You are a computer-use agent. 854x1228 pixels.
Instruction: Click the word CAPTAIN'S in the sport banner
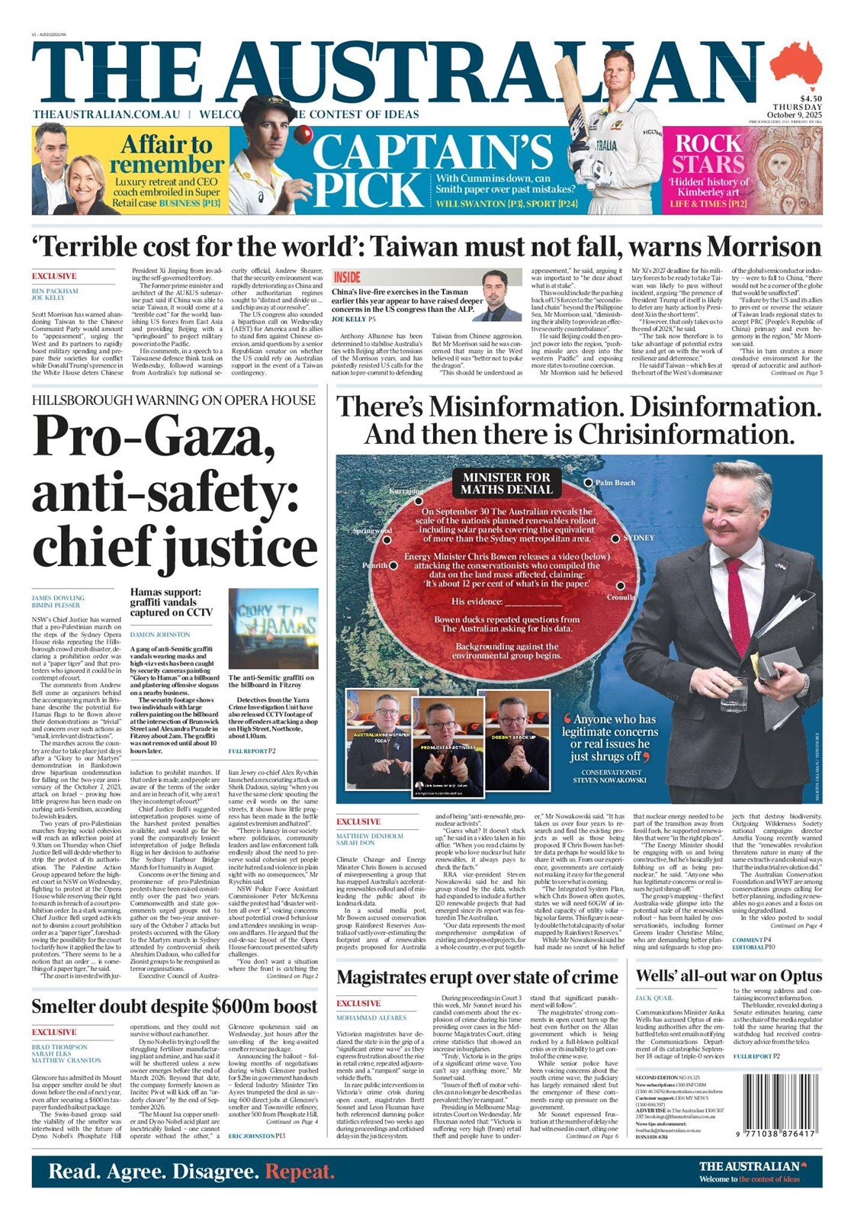coord(432,152)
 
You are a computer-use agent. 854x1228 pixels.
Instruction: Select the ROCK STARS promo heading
coord(708,153)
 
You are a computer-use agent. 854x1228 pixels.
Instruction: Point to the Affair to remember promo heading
coord(166,154)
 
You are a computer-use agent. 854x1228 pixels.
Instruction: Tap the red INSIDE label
coord(347,277)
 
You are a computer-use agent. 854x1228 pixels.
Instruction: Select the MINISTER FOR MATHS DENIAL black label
coord(506,483)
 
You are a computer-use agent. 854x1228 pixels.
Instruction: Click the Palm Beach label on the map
coord(615,483)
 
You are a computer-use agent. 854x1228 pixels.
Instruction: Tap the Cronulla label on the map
coord(621,597)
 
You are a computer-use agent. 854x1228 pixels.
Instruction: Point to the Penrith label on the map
coord(375,566)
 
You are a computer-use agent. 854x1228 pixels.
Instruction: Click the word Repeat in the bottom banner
coord(300,1172)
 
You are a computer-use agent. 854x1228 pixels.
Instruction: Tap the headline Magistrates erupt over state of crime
coord(477,977)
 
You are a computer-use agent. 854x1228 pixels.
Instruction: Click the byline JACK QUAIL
coord(653,998)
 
